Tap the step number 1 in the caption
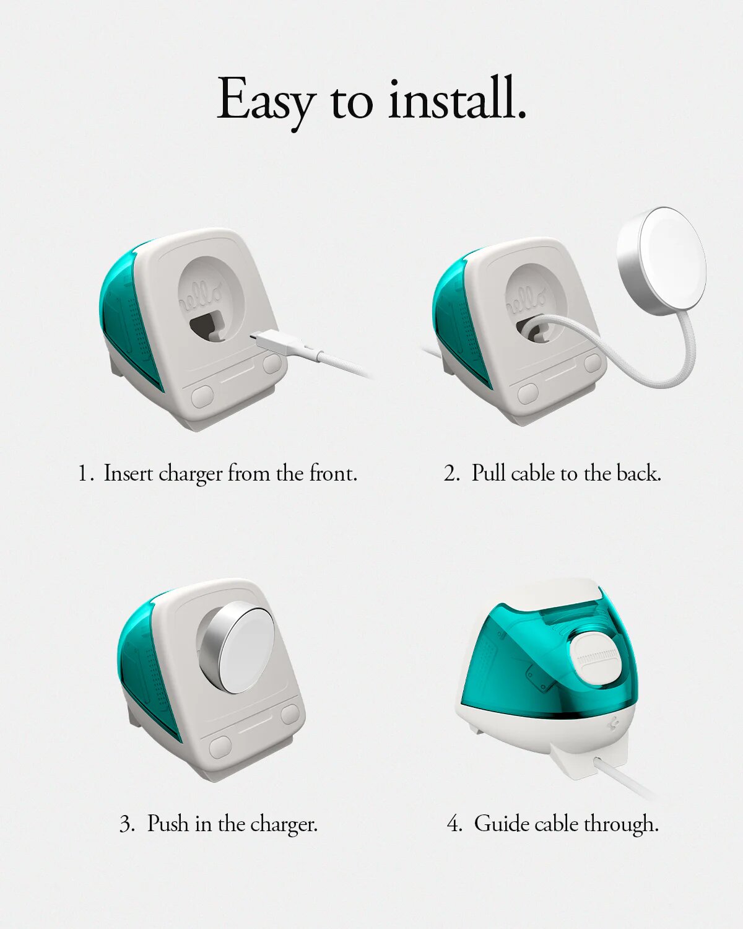tap(84, 474)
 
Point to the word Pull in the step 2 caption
tap(489, 473)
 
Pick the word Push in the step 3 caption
tap(168, 824)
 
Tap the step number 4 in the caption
tap(454, 824)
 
